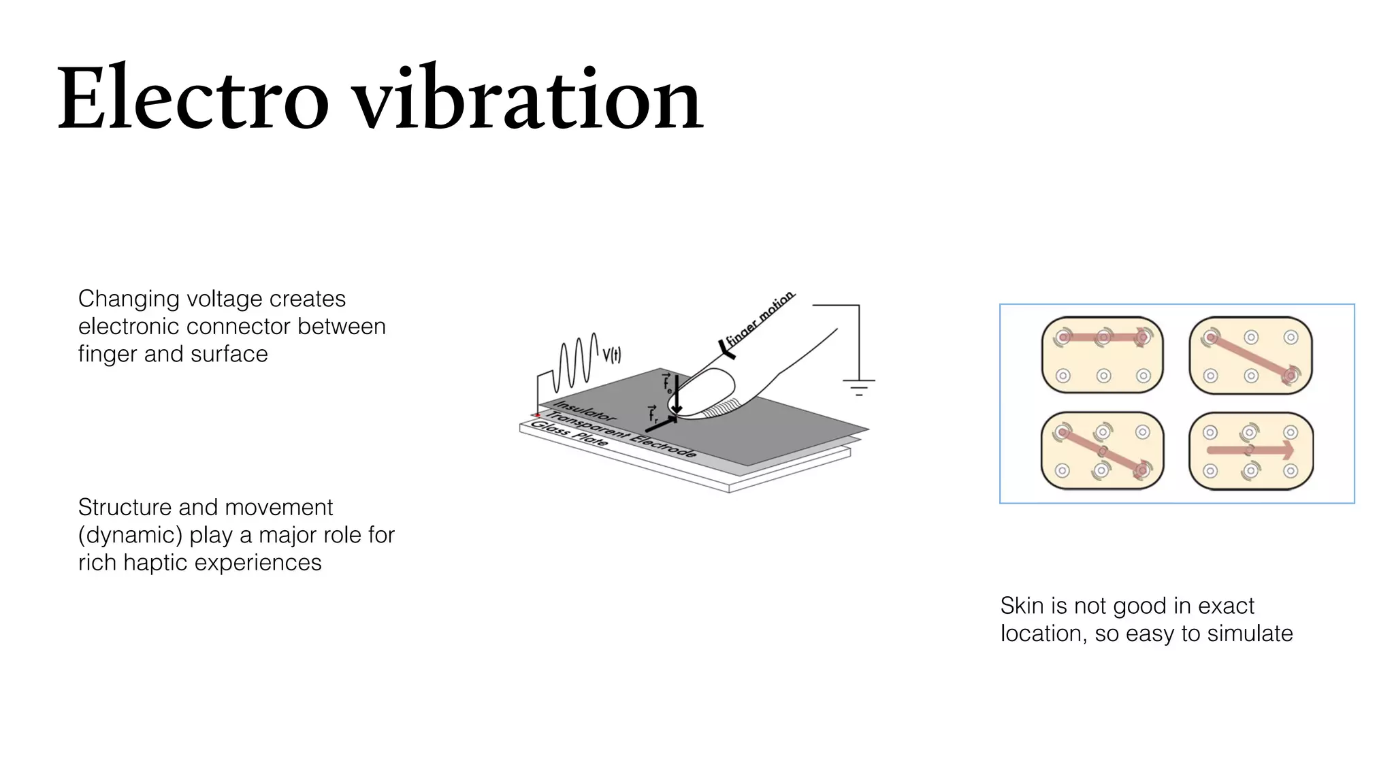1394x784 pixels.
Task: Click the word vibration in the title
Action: coord(530,99)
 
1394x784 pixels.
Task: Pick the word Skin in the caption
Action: coord(1021,606)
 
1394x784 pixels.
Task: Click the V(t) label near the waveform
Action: coord(611,355)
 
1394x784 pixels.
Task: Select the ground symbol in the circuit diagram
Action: coord(859,387)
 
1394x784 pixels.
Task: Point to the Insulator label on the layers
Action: coord(585,410)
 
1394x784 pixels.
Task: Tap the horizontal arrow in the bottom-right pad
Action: coord(1250,450)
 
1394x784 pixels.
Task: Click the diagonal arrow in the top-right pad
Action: coord(1250,356)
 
